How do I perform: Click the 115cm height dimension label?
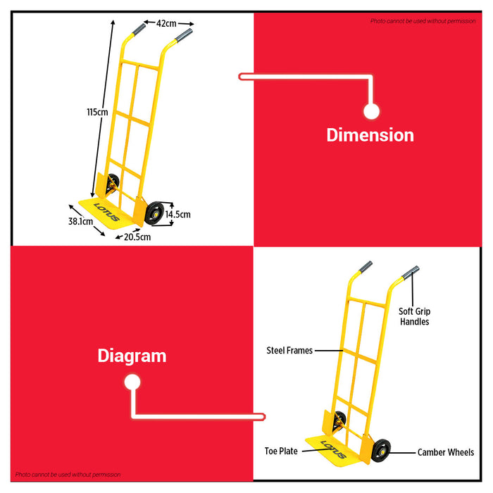97,112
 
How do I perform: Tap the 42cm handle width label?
166,23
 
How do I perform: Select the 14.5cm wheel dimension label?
178,214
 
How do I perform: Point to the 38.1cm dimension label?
81,221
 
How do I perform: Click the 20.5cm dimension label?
137,237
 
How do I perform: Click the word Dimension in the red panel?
370,135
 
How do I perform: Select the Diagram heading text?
132,356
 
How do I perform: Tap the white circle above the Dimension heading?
371,111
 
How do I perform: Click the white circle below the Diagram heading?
132,382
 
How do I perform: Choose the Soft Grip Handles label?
414,317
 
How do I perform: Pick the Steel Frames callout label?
289,350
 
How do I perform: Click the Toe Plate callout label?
281,451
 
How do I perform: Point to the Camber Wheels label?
446,452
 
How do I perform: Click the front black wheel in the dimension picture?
155,213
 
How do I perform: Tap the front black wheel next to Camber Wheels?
381,451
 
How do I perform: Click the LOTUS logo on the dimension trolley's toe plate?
107,212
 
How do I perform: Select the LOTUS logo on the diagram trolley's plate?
333,449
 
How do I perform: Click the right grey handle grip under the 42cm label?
184,35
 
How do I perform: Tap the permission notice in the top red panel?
423,21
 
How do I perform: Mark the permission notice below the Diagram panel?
68,475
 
